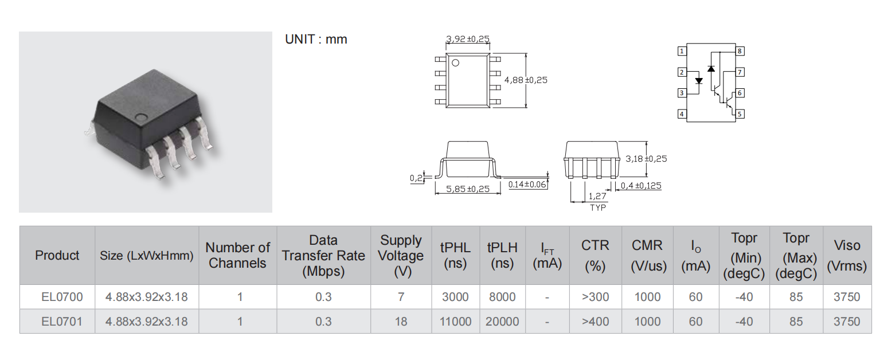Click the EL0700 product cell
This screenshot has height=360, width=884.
[x=62, y=297]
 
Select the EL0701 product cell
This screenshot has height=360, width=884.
[x=62, y=322]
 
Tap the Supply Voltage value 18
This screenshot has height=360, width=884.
[x=401, y=322]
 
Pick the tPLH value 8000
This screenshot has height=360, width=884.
[x=502, y=297]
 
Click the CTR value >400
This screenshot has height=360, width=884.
[x=595, y=322]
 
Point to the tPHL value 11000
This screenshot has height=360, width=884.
[x=455, y=322]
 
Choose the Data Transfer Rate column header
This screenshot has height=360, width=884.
[x=323, y=256]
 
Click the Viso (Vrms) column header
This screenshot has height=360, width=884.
[x=847, y=256]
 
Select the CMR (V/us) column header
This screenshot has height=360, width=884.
[x=647, y=256]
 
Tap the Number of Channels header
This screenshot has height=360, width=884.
[x=237, y=256]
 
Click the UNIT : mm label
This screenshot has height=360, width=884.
[x=316, y=39]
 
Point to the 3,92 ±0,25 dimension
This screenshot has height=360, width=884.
[x=468, y=38]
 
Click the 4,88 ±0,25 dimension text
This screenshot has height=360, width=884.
[x=526, y=80]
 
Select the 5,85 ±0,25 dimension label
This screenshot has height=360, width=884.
[x=468, y=189]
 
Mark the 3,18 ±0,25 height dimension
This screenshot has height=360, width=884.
[x=646, y=159]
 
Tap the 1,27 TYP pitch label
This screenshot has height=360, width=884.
[x=597, y=201]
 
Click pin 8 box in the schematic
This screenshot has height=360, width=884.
[x=740, y=51]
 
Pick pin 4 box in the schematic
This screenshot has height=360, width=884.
[x=682, y=114]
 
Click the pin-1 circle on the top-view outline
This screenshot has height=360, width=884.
[x=455, y=62]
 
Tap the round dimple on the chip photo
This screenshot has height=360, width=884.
[x=141, y=117]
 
